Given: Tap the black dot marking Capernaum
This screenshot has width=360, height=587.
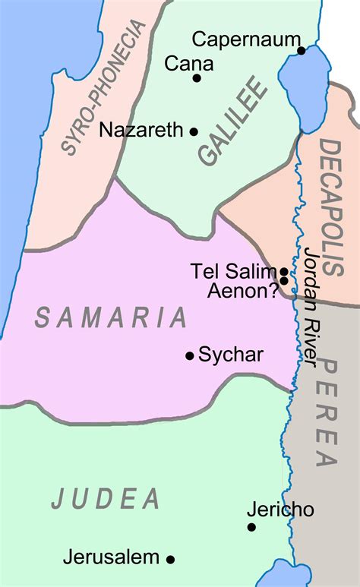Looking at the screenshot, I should pyautogui.click(x=302, y=51).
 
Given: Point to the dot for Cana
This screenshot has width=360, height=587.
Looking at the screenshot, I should pyautogui.click(x=197, y=77).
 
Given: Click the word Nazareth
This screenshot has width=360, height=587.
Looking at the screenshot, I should pyautogui.click(x=141, y=130).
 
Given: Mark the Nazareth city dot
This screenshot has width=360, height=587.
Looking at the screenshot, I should pyautogui.click(x=194, y=131).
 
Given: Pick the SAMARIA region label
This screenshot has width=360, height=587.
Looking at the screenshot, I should pyautogui.click(x=111, y=316).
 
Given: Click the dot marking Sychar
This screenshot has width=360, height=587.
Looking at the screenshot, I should pyautogui.click(x=190, y=355).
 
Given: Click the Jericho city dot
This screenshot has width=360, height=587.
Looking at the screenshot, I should pyautogui.click(x=251, y=527).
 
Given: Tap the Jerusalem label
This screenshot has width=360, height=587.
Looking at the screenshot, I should pyautogui.click(x=112, y=557).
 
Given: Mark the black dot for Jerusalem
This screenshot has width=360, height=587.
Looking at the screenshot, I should pyautogui.click(x=171, y=559).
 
